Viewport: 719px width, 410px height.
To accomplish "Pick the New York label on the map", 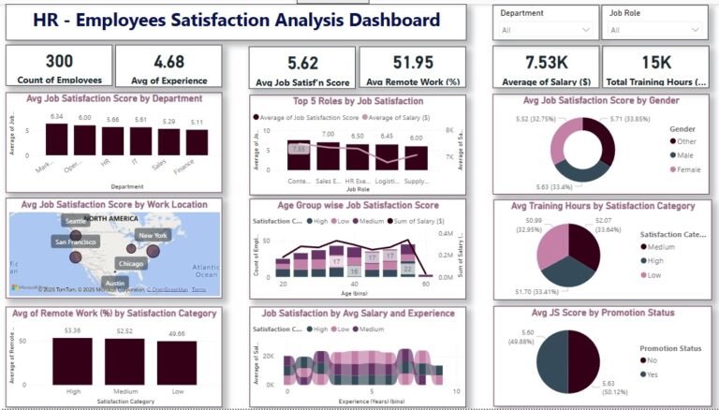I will pyautogui.click(x=153, y=236).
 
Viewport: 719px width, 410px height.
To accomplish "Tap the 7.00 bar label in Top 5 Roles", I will pyautogui.click(x=328, y=135).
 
